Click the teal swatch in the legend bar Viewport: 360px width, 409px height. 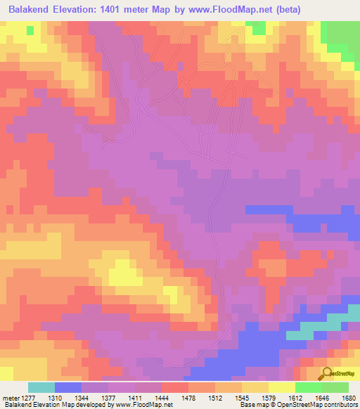click(41, 387)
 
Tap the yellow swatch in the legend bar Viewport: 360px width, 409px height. click(281, 387)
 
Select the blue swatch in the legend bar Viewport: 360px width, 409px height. click(67, 387)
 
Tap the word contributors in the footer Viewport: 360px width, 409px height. click(339, 405)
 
